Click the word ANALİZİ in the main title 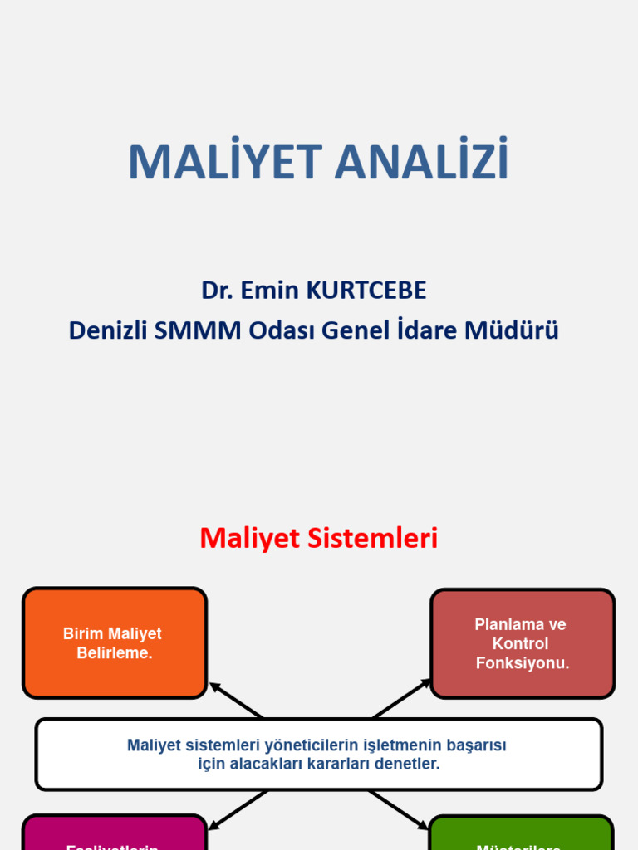tap(421, 162)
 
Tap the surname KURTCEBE tap(366, 291)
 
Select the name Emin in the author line tap(271, 291)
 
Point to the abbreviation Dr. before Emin tap(218, 291)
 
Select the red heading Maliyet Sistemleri tap(318, 538)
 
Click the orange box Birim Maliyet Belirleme tap(114, 643)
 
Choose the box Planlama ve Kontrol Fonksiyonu tap(522, 643)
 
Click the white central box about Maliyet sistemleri tap(318, 755)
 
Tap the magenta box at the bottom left tap(114, 833)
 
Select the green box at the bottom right tap(522, 833)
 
